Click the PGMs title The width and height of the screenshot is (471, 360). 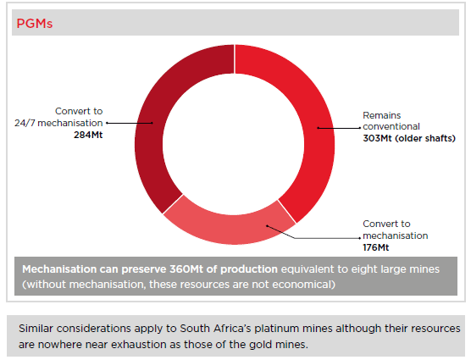point(34,24)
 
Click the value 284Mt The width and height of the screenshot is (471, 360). point(88,135)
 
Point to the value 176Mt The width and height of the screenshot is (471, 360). point(376,247)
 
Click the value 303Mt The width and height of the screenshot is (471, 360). point(377,138)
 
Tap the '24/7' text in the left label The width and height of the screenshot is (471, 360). point(25,123)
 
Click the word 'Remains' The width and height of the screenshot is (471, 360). point(382,115)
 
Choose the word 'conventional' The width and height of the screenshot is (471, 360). point(391,126)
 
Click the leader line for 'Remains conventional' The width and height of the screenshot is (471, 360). point(339,128)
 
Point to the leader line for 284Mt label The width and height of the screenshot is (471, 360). point(130,123)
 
